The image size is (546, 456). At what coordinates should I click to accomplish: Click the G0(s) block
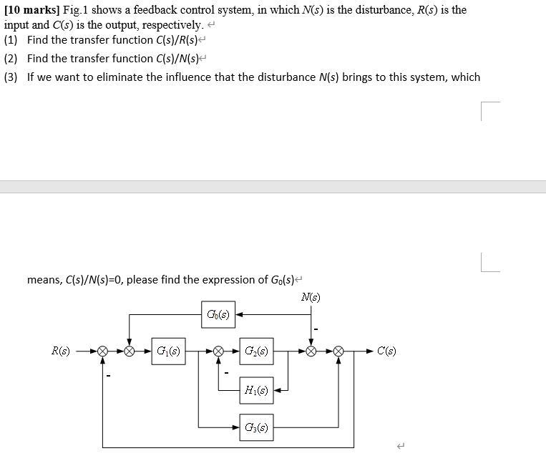click(x=218, y=314)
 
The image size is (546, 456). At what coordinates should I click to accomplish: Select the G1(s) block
click(x=169, y=351)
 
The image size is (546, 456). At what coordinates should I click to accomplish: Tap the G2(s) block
click(x=256, y=351)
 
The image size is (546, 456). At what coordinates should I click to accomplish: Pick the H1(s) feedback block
click(x=256, y=390)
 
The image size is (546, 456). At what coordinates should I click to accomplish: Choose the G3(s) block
click(x=256, y=428)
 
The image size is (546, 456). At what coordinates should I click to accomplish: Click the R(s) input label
click(x=60, y=351)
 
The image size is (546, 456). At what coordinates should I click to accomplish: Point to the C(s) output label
click(x=386, y=351)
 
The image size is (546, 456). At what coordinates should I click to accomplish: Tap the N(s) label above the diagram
click(x=311, y=297)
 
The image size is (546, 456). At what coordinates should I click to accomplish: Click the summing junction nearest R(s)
click(x=103, y=351)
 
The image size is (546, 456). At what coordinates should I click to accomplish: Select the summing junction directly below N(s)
click(x=311, y=351)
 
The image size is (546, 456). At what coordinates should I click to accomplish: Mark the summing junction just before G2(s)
click(x=218, y=351)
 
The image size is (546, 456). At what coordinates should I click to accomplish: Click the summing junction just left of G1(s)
click(x=130, y=351)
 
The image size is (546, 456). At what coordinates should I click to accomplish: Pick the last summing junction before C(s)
click(x=338, y=351)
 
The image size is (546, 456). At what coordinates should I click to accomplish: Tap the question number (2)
click(x=11, y=59)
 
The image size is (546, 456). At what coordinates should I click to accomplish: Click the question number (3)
click(x=11, y=77)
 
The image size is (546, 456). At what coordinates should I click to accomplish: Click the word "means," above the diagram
click(x=44, y=280)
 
